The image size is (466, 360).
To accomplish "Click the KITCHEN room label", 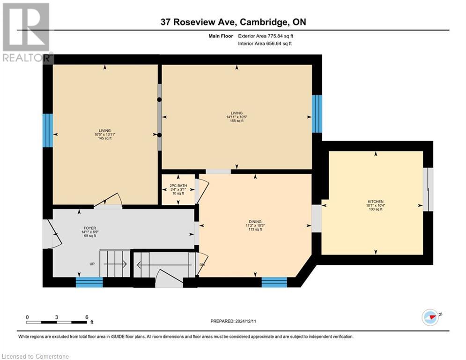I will click(x=375, y=201).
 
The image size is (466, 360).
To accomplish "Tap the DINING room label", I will click(x=255, y=222).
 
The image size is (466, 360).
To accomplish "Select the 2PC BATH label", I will click(x=178, y=186).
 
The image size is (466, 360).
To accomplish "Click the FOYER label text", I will click(x=89, y=228).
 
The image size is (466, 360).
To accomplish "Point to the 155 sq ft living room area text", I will click(x=237, y=121).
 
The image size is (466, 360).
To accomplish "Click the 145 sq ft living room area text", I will click(x=104, y=138).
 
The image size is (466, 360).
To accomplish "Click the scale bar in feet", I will click(x=57, y=322).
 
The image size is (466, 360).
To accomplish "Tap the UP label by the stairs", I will click(x=93, y=264).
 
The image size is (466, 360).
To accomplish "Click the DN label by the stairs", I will click(x=202, y=264).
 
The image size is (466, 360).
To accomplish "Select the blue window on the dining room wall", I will click(x=274, y=282).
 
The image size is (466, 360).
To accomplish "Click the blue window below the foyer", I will click(x=89, y=282).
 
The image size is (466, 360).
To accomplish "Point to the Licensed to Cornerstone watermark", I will click(x=35, y=357).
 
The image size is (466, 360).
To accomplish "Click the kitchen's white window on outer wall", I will click(x=426, y=189).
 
